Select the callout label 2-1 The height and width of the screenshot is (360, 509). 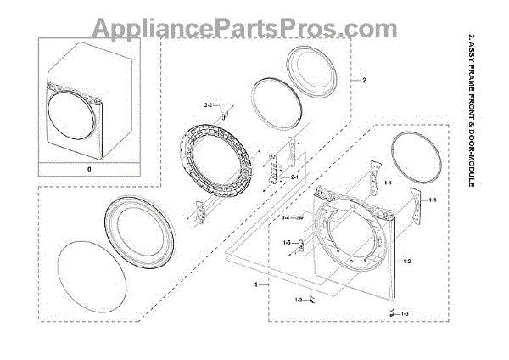coord(294,177)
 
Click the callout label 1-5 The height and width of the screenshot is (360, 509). coord(287,244)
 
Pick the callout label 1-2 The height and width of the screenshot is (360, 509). coord(407,261)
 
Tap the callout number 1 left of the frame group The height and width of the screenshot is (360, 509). coord(256,286)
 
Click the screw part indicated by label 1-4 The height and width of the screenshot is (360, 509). coord(301,218)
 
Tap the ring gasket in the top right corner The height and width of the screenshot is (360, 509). coord(417,159)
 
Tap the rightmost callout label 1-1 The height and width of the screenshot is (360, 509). coord(433,200)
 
